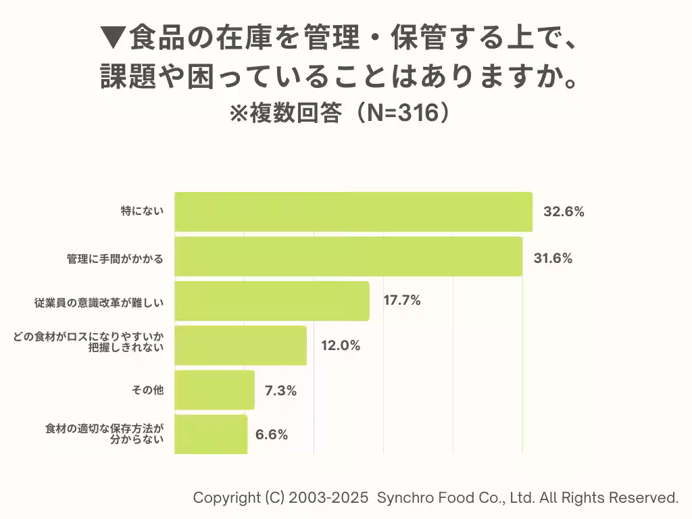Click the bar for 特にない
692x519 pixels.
(x=353, y=212)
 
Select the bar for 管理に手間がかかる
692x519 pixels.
(x=348, y=256)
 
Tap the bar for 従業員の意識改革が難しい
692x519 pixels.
(x=272, y=301)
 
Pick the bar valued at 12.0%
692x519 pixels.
(x=241, y=345)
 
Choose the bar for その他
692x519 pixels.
(x=214, y=390)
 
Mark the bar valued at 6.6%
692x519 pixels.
(x=211, y=434)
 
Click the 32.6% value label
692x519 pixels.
(x=564, y=212)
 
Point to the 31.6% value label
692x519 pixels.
(x=553, y=258)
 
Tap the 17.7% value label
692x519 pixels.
(x=402, y=301)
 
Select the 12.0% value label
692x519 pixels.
(x=341, y=345)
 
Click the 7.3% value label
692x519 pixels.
(x=280, y=390)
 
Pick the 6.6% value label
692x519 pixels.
(x=272, y=435)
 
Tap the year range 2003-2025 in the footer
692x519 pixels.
(x=329, y=498)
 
